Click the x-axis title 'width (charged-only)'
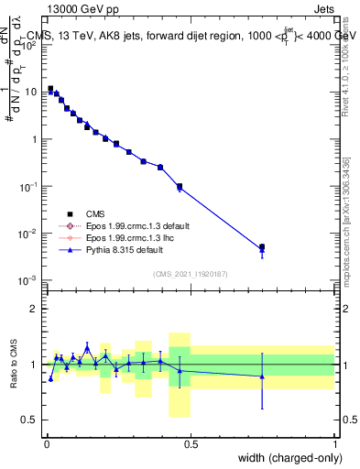[286, 459]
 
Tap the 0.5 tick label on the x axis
[191, 444]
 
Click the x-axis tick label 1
[335, 444]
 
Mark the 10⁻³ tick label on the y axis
[30, 280]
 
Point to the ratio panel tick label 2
[35, 309]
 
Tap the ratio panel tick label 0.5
[32, 420]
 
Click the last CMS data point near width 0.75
[262, 247]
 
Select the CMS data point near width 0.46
[180, 186]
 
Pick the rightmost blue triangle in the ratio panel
[262, 376]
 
